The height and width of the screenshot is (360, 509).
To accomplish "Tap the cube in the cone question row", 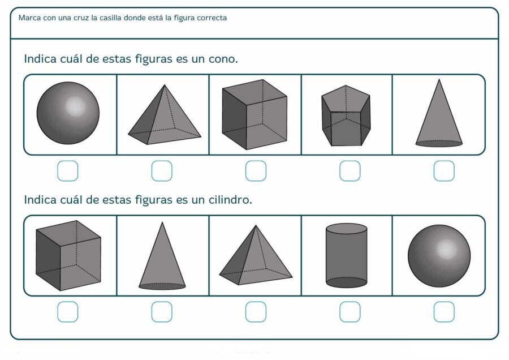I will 254,115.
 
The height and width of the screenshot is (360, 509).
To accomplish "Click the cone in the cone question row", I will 439,117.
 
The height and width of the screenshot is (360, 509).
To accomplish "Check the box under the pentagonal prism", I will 350,171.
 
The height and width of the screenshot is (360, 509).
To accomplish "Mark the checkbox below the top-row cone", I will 443,171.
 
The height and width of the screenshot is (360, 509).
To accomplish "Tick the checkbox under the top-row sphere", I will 68,171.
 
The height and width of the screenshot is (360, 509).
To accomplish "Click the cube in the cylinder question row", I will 68,255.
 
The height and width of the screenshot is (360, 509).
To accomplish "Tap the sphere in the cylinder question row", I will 439,255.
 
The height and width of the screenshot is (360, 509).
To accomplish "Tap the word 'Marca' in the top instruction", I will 29,18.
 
